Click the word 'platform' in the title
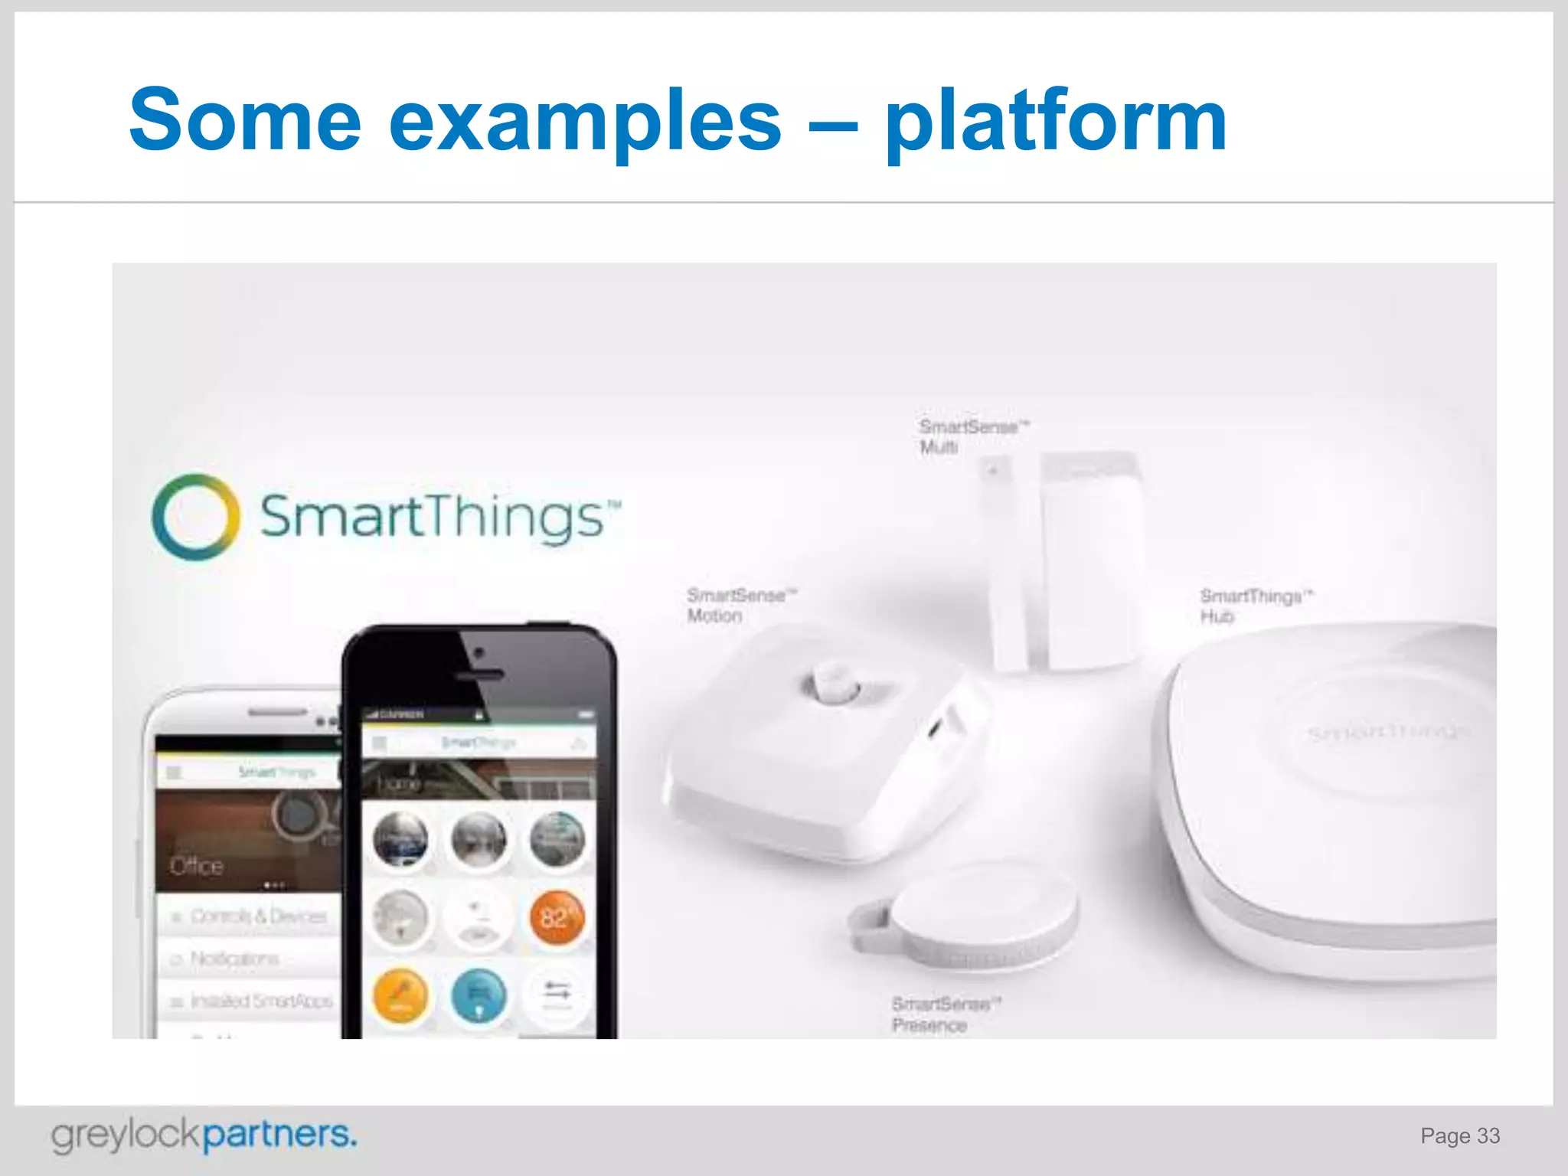(x=1055, y=122)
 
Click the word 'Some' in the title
(x=245, y=120)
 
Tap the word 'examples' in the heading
(x=585, y=122)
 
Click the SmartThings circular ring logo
(x=195, y=517)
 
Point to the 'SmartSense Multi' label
(x=972, y=436)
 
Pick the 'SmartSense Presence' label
(x=945, y=1014)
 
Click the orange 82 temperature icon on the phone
(x=557, y=917)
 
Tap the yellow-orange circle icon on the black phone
(x=400, y=996)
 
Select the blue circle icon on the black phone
(x=479, y=996)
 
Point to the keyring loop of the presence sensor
(x=869, y=926)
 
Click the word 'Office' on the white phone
(x=197, y=866)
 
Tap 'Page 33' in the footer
(x=1459, y=1136)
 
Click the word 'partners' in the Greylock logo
(x=279, y=1135)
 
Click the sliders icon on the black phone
(x=557, y=992)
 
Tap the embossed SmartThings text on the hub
(x=1386, y=732)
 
